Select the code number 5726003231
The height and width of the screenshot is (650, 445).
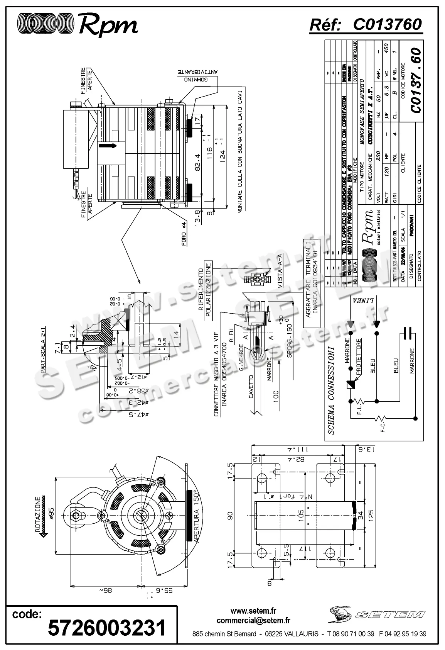107,627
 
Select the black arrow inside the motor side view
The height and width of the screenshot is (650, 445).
107,146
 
